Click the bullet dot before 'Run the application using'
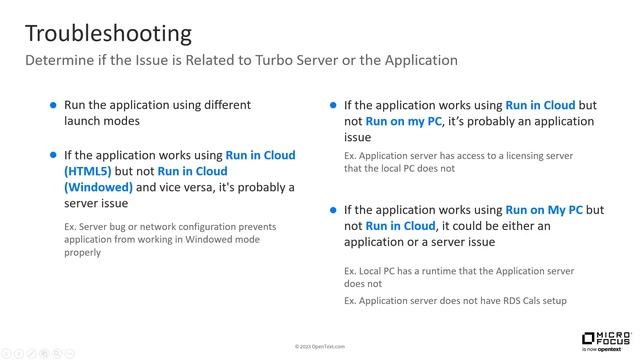point(53,105)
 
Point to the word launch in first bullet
point(87,121)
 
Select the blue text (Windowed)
point(98,187)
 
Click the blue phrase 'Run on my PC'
point(400,121)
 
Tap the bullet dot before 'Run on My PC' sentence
point(333,211)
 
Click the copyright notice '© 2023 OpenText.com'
point(320,346)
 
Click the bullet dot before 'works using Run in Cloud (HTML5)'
point(53,155)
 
